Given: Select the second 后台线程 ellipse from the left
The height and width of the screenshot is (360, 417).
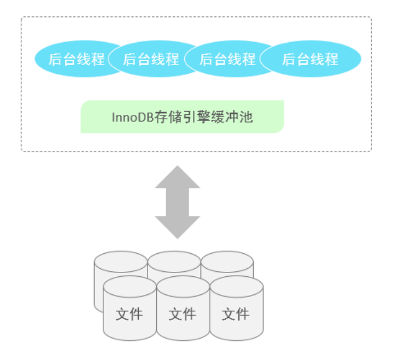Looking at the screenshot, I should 151,59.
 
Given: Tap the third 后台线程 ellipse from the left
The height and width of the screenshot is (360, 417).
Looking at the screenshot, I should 227,59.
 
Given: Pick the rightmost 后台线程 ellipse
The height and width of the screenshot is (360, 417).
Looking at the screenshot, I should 310,59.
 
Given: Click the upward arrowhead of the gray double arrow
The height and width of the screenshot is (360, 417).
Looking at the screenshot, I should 178,176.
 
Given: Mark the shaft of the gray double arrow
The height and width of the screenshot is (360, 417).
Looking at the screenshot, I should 178,202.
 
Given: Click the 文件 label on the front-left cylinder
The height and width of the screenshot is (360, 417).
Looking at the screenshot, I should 129,314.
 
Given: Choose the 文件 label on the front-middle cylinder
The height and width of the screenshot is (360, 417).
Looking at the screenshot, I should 182,314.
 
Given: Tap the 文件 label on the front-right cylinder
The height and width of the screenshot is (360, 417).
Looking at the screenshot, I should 236,314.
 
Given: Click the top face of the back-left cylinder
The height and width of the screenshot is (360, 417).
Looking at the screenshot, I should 120,258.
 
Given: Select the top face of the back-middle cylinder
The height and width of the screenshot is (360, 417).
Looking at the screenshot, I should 174,258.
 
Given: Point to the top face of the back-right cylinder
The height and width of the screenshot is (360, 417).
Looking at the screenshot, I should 227,258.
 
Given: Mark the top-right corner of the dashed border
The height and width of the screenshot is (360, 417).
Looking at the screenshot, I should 371,18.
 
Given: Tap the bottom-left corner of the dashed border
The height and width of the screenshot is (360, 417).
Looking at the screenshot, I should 22,150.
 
